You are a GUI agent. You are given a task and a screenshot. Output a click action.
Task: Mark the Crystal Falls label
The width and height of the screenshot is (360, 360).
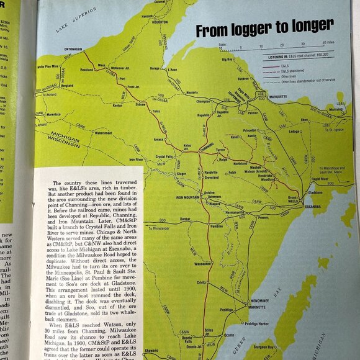click(166, 158)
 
